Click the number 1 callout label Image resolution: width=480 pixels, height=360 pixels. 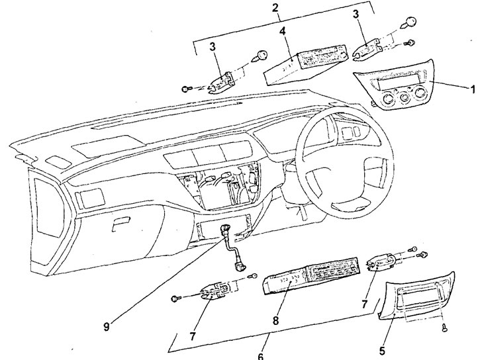473,89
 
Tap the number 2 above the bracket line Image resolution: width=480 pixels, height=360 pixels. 275,8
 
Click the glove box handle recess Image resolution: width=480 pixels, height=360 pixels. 120,226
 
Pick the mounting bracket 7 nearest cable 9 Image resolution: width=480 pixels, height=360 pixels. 215,292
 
